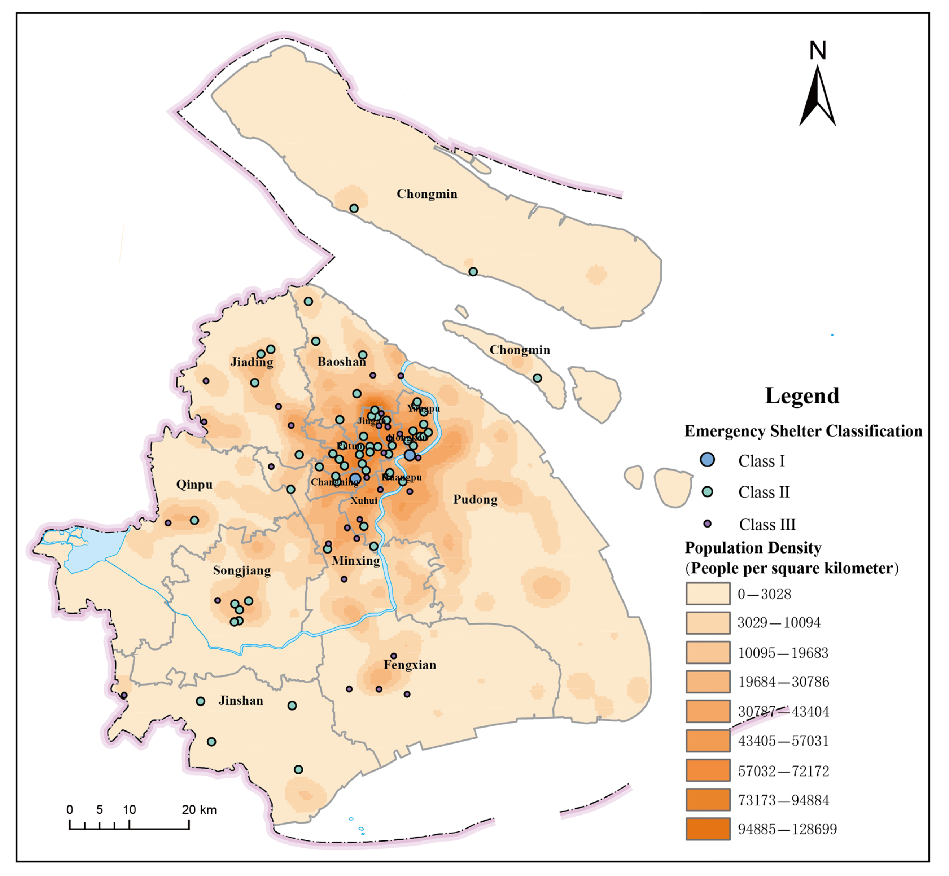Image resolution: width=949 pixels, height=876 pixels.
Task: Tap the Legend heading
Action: pos(802,396)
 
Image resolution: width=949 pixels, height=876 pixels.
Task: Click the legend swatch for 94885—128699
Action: pos(708,829)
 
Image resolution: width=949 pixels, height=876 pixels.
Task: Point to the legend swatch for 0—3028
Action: pos(708,594)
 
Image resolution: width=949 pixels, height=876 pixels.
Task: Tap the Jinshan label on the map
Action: pos(241,701)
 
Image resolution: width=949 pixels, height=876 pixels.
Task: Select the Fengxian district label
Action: pos(410,665)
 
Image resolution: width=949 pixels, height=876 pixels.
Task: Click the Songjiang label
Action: pos(242,570)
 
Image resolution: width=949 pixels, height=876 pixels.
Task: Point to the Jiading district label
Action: pos(252,362)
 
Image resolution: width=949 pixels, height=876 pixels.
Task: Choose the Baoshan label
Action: pos(342,362)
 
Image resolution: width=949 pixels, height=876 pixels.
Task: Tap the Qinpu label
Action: pos(194,484)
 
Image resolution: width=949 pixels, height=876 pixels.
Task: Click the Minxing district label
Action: pos(356,561)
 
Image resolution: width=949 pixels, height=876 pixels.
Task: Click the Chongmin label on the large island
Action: pos(427,194)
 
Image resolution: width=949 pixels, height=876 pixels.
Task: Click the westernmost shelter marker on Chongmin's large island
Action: pos(354,208)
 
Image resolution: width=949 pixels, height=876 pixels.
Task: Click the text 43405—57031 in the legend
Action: pos(783,741)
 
